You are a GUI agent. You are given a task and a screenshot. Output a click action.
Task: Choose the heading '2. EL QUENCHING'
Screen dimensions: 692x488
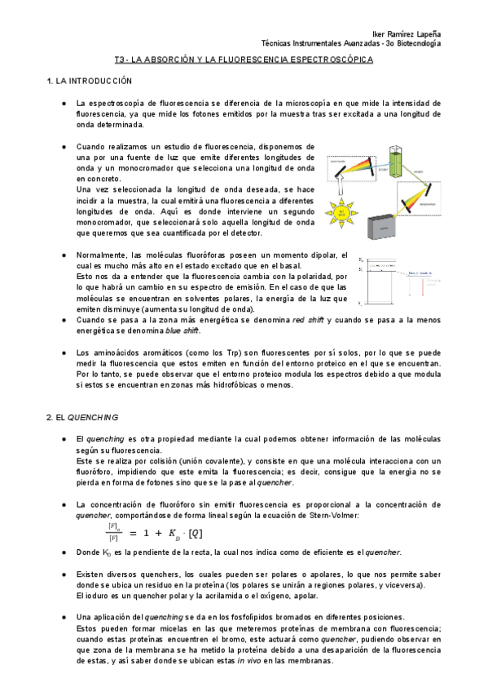coord(81,417)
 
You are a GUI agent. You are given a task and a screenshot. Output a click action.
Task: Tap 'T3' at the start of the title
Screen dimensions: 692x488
coord(120,60)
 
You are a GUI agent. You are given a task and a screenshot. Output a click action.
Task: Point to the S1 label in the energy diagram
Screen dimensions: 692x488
coord(361,260)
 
